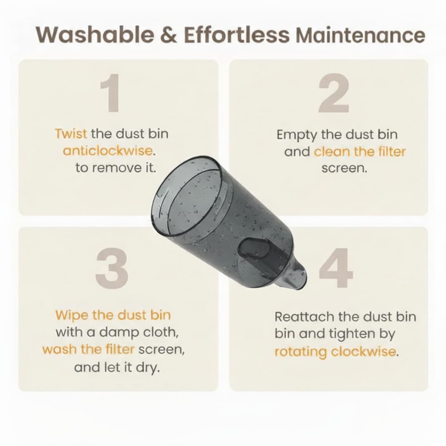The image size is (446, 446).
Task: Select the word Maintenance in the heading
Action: coord(361,35)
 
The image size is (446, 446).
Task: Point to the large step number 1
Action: coord(109,93)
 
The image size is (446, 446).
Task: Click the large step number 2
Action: coord(334,93)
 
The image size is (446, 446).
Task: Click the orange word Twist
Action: coord(71,134)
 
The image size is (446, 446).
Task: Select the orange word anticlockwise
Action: coord(108,151)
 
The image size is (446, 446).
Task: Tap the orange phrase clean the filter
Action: coord(360,152)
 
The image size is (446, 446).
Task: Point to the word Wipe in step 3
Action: coord(71,315)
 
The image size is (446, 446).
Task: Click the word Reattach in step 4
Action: coord(304,317)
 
